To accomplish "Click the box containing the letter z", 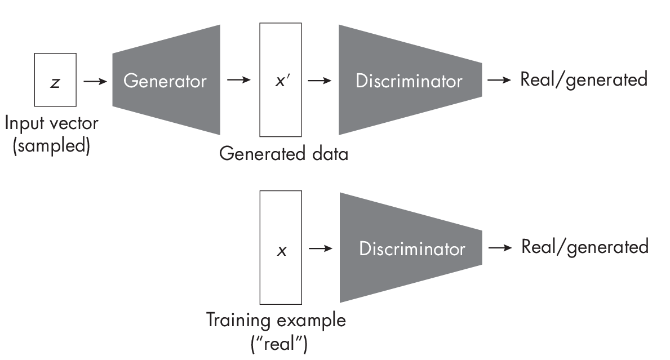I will click(55, 79).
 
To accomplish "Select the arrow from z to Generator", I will click(95, 81).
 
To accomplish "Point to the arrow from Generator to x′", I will click(238, 81).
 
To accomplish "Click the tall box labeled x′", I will click(280, 81).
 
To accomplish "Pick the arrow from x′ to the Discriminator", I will click(320, 81).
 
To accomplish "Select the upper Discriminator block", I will click(409, 81).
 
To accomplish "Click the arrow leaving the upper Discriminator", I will click(499, 80).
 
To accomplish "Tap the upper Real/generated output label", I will click(584, 80).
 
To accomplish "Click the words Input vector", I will click(51, 123).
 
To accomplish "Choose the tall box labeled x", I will click(280, 248).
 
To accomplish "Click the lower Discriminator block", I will click(411, 248).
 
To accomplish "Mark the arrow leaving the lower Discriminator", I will click(500, 248).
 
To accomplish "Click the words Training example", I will click(276, 321).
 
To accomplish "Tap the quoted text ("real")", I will click(279, 343).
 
